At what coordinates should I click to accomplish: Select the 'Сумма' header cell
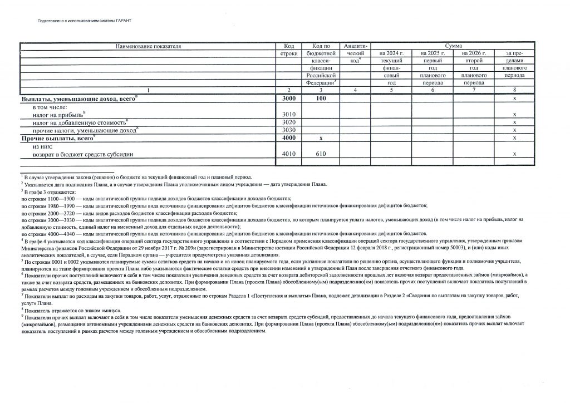[x=453, y=46]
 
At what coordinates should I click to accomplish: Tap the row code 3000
[x=288, y=99]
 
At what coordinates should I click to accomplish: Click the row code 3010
[x=288, y=114]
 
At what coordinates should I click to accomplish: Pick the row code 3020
[x=288, y=122]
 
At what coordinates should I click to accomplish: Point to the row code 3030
[x=288, y=129]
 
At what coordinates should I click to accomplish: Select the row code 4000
[x=288, y=137]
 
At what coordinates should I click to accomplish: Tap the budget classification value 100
[x=320, y=99]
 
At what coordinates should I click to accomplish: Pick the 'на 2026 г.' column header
[x=474, y=53]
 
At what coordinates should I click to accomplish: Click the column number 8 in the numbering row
[x=514, y=90]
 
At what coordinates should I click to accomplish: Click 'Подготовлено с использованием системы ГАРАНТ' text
[x=83, y=20]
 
